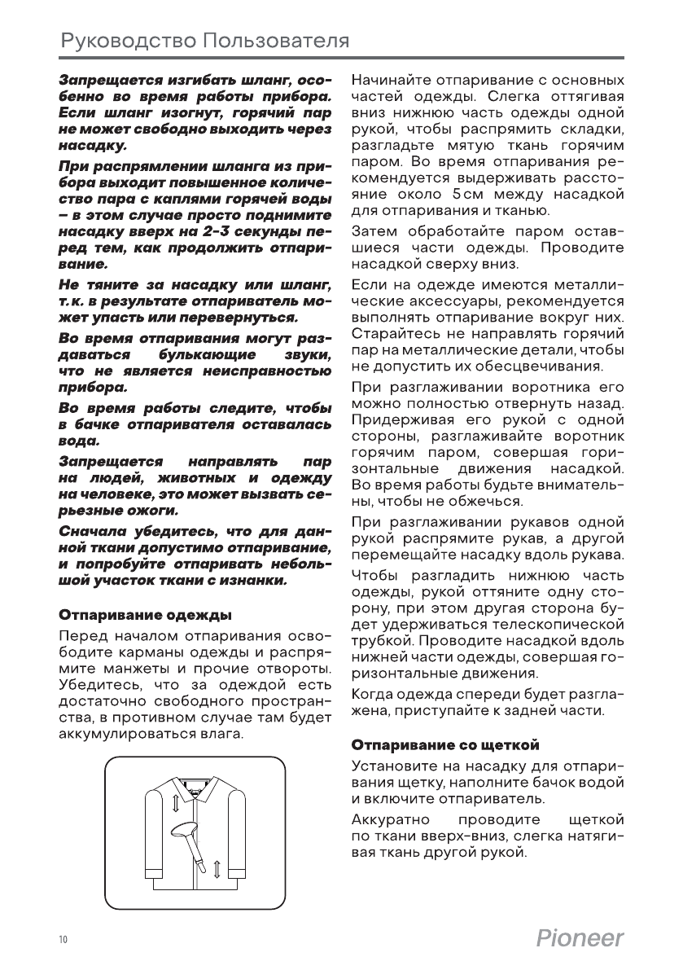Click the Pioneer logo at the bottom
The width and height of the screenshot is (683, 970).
(x=580, y=938)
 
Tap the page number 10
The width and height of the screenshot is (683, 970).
(x=63, y=940)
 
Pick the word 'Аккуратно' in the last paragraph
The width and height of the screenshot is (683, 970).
(x=391, y=818)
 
